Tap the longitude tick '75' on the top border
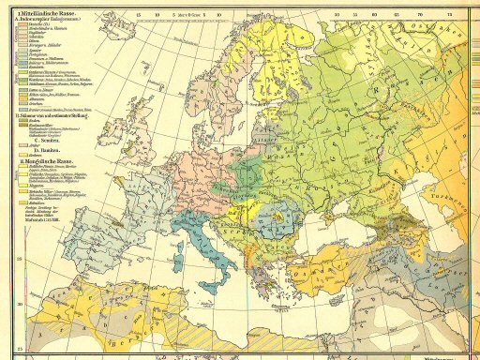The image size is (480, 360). (x=450, y=15)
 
